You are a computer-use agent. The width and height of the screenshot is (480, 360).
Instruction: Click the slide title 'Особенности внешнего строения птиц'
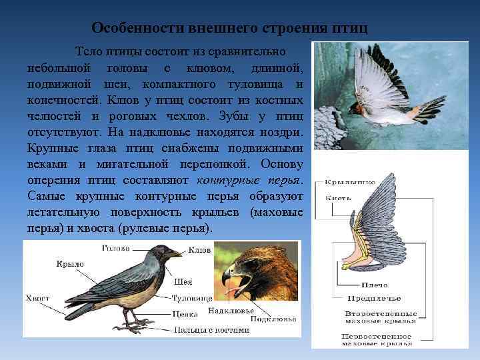229,28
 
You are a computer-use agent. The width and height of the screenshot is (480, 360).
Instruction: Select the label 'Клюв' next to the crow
199,251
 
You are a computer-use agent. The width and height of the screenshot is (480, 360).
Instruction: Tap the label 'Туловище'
192,297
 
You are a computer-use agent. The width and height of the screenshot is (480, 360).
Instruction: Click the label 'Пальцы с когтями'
211,329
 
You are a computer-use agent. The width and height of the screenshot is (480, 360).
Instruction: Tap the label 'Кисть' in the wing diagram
335,197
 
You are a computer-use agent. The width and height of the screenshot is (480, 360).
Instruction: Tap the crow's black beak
174,253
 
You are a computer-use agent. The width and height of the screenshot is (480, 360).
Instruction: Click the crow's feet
133,327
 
